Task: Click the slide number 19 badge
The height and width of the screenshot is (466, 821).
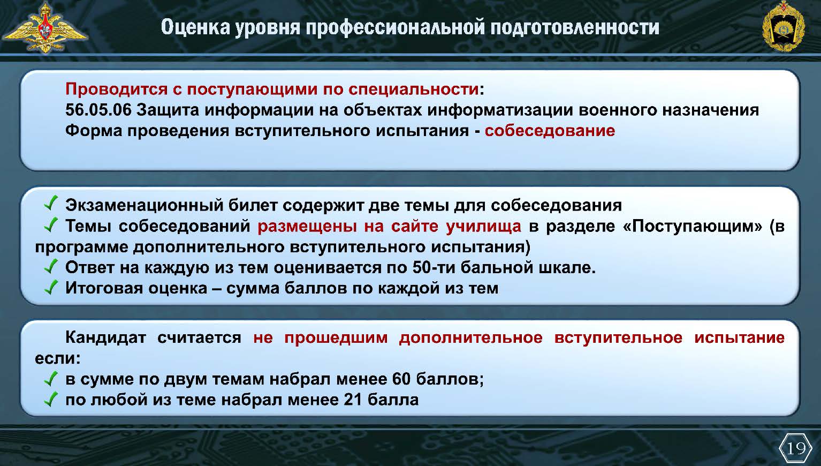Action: click(x=795, y=448)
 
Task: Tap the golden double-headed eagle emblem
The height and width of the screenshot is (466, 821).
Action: click(x=45, y=28)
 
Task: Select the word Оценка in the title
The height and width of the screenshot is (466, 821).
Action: click(x=195, y=27)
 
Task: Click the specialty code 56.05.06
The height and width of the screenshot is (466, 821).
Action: click(x=98, y=110)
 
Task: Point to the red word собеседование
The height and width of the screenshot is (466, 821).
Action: click(x=550, y=131)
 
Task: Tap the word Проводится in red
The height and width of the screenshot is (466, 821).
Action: click(x=116, y=89)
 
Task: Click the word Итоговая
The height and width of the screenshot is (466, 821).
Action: click(x=104, y=288)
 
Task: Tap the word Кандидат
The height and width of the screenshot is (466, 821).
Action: click(x=105, y=337)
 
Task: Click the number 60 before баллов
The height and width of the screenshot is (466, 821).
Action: click(x=401, y=379)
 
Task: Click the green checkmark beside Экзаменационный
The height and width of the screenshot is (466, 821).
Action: click(x=51, y=203)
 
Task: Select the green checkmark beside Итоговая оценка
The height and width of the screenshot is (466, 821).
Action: click(x=51, y=287)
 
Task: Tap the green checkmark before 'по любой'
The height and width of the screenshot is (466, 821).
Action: click(x=51, y=399)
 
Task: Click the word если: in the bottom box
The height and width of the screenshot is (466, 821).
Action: click(x=58, y=358)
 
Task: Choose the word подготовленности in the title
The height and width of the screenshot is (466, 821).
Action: click(x=575, y=27)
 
